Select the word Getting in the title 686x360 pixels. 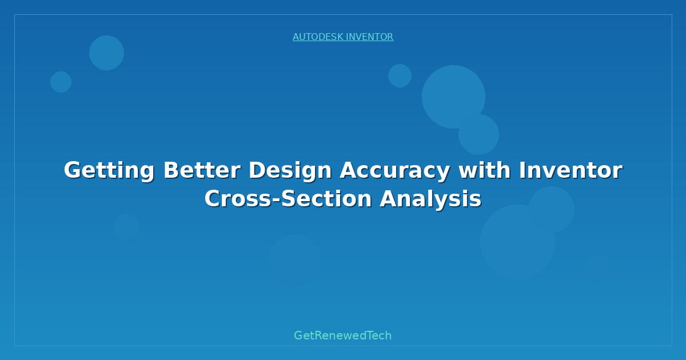(x=109, y=170)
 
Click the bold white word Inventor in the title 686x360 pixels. (x=571, y=170)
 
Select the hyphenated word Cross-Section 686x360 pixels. (x=288, y=199)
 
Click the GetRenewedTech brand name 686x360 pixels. (x=343, y=335)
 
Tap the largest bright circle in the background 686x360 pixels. (x=453, y=97)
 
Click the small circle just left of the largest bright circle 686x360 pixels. (x=400, y=75)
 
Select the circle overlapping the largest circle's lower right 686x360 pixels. (x=479, y=134)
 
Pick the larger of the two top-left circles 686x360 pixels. (x=106, y=53)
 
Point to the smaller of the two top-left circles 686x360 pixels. (x=61, y=82)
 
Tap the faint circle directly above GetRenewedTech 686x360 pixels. (x=294, y=260)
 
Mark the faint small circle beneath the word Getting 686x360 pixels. (x=126, y=227)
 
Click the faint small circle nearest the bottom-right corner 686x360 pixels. (x=597, y=268)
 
